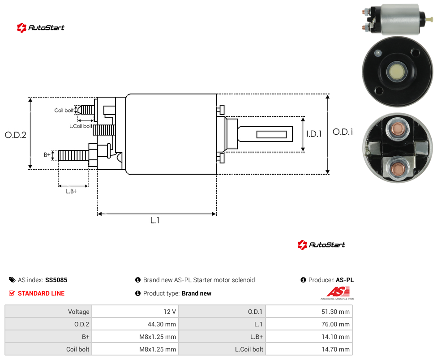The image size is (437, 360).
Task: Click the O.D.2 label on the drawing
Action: click(16, 135)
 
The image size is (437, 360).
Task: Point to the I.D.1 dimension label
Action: click(314, 134)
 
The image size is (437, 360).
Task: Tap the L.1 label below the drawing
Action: click(155, 220)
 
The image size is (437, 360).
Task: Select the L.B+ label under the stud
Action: click(72, 191)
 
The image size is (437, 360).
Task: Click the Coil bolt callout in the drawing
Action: click(64, 110)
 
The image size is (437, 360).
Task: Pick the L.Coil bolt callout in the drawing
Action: click(81, 126)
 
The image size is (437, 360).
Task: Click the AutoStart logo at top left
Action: click(41, 28)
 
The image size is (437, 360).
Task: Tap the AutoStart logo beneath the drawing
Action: click(321, 245)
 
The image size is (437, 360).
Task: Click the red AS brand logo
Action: click(338, 293)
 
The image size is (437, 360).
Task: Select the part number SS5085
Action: click(56, 280)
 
